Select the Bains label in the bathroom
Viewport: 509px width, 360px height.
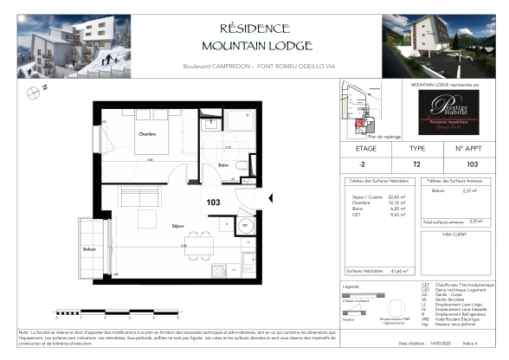[222, 164]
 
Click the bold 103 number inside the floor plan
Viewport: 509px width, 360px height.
[214, 202]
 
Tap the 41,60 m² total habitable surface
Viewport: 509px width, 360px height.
[400, 271]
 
